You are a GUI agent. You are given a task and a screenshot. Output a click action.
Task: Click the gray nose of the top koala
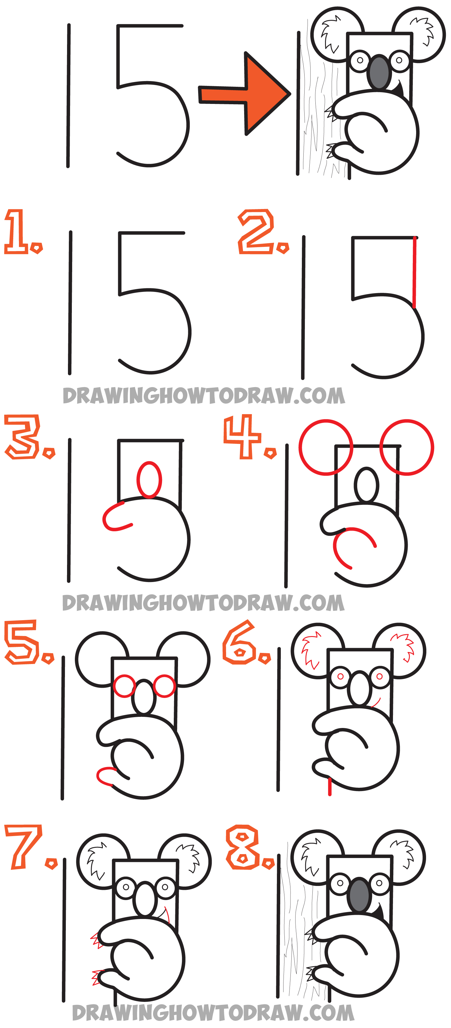tap(379, 72)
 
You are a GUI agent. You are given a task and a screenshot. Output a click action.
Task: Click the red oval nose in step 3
tap(149, 480)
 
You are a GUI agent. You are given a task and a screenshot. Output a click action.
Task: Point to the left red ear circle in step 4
tap(326, 447)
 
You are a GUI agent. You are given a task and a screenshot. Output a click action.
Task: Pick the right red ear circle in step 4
tap(407, 447)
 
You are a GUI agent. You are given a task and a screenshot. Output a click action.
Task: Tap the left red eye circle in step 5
tap(124, 686)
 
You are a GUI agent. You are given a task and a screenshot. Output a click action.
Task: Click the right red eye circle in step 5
tap(164, 686)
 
